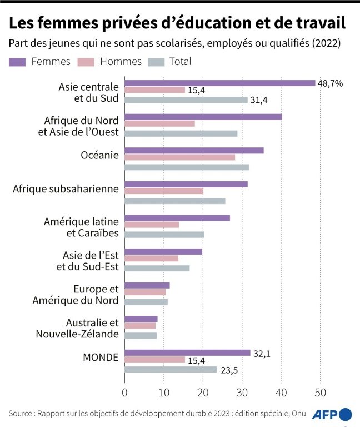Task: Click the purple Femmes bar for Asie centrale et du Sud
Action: [219, 83]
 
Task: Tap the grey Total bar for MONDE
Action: [170, 369]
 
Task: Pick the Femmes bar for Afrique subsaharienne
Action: [186, 184]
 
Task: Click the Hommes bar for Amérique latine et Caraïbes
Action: [152, 225]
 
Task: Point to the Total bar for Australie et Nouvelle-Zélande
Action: [141, 336]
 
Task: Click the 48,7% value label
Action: [330, 83]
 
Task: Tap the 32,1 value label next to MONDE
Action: [263, 352]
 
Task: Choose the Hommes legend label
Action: [121, 62]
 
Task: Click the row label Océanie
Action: [99, 155]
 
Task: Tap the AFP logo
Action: [331, 415]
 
